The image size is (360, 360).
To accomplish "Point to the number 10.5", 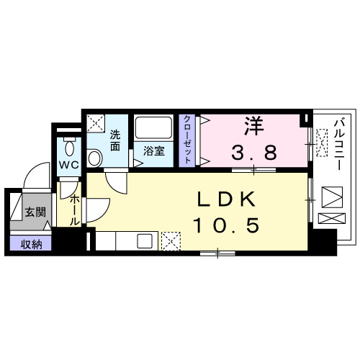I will click(x=225, y=225).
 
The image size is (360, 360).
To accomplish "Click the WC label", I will click(x=69, y=165).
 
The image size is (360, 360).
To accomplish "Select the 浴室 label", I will click(x=153, y=151).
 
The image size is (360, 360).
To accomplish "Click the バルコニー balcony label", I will click(x=337, y=145).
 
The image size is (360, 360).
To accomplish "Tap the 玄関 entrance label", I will click(x=35, y=212).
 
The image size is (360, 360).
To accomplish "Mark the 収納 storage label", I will click(x=31, y=244).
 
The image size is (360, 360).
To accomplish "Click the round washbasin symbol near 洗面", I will click(x=94, y=158).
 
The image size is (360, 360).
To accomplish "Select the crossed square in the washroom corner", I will click(x=96, y=122).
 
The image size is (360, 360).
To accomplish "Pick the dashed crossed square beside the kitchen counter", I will click(x=171, y=240).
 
